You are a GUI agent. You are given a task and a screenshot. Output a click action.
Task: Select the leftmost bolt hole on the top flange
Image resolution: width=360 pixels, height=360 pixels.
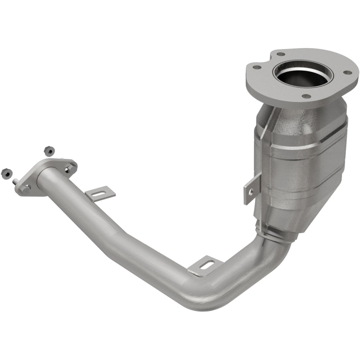pos(257,67)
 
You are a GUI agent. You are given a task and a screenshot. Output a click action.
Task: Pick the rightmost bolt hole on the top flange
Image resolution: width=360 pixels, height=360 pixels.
pos(347,72)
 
